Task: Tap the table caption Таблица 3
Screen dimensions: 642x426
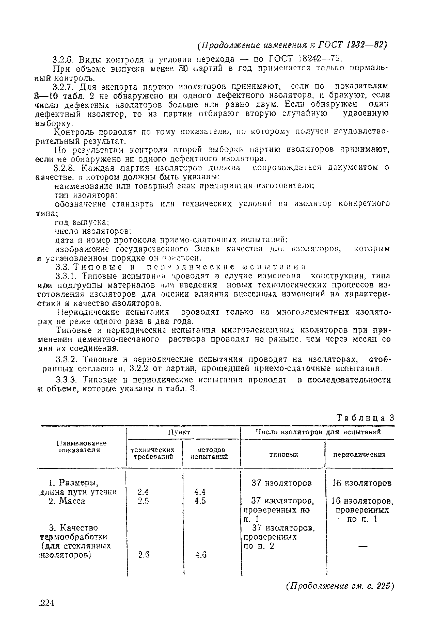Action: [365, 418]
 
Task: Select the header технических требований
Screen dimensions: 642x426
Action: [153, 453]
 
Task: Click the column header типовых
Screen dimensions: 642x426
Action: [284, 454]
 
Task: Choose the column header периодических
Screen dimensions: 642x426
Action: [359, 454]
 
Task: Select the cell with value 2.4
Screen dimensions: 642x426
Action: [143, 492]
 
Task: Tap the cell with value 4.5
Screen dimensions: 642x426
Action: [200, 501]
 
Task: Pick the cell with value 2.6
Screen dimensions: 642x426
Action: [144, 555]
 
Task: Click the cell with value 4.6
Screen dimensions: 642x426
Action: [201, 555]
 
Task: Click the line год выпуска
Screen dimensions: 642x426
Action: [82, 222]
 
